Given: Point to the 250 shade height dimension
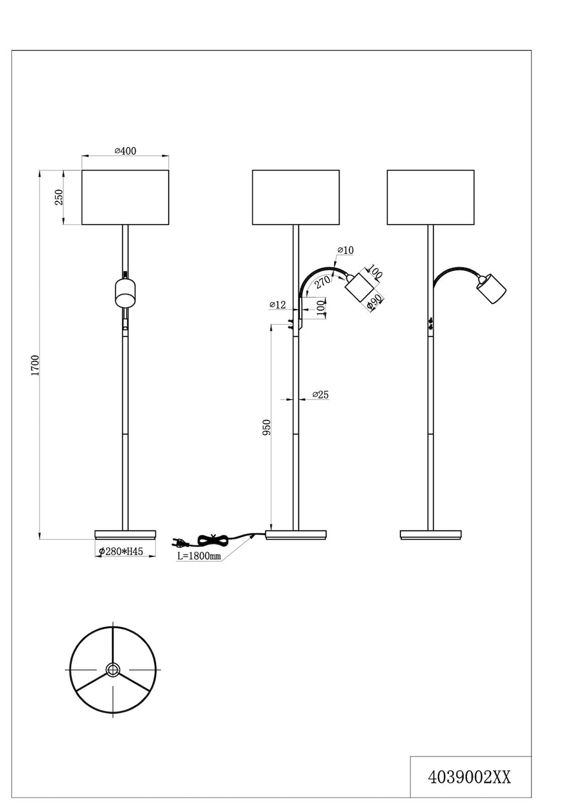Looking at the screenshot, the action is pyautogui.click(x=58, y=197).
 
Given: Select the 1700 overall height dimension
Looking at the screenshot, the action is pyautogui.click(x=35, y=366).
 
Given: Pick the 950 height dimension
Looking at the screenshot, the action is pyautogui.click(x=267, y=428).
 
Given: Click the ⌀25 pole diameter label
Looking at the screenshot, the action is pyautogui.click(x=321, y=395).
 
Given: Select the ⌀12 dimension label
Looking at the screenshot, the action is pyautogui.click(x=278, y=305).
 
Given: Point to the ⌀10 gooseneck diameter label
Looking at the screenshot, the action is pyautogui.click(x=346, y=250).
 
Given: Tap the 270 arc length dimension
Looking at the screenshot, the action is pyautogui.click(x=322, y=282).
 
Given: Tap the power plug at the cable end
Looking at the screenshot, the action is pyautogui.click(x=180, y=541).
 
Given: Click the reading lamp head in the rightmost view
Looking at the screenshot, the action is pyautogui.click(x=491, y=288).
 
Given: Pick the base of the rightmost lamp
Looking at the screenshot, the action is pyautogui.click(x=430, y=534).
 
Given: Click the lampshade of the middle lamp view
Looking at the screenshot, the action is pyautogui.click(x=296, y=197).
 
